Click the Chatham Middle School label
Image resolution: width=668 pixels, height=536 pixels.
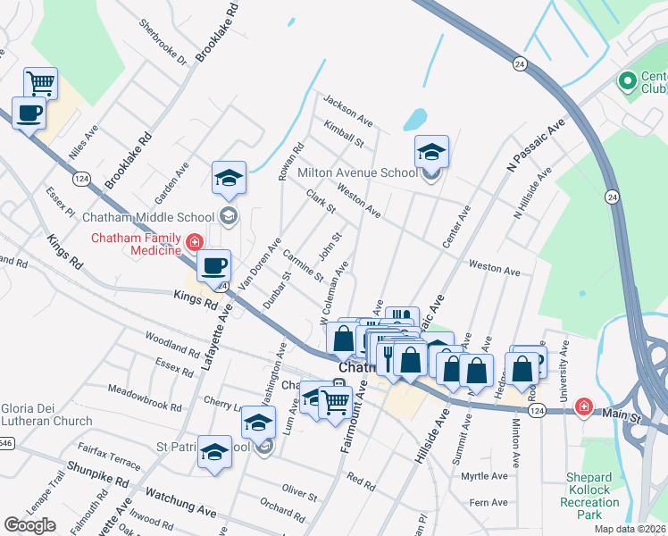[148, 217]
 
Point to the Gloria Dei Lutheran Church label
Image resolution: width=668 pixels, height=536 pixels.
[46, 415]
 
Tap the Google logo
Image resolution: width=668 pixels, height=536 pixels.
[29, 525]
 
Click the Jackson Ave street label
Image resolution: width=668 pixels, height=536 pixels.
[348, 110]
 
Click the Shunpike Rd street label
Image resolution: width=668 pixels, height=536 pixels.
[96, 475]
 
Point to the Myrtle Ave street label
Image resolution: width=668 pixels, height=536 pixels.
[484, 476]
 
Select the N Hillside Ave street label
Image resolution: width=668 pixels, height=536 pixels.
[527, 197]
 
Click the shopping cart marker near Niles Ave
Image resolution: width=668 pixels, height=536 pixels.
[41, 83]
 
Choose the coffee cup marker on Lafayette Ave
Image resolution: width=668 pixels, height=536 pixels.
[214, 265]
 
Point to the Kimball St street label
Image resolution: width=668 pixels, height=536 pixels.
[345, 134]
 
